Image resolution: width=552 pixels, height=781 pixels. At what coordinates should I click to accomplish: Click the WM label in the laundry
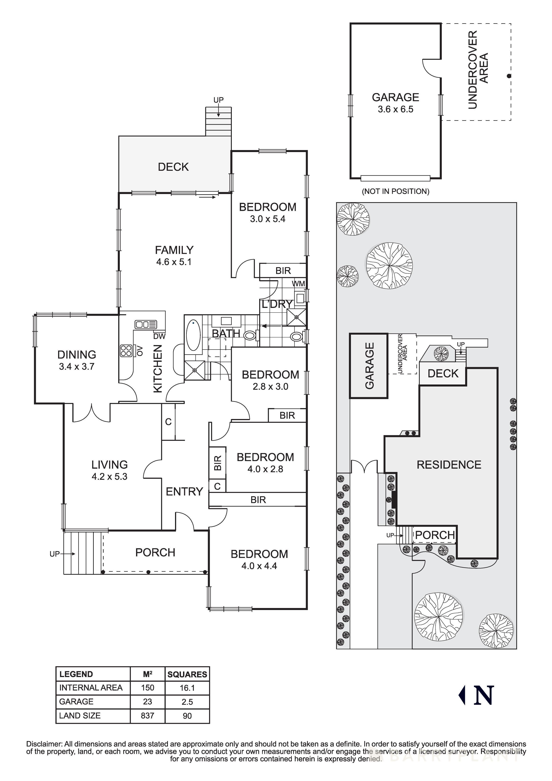tap(298, 283)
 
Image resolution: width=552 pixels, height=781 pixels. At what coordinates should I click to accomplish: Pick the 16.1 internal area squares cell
tap(187, 688)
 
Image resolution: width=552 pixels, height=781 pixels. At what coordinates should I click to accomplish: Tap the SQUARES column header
tap(187, 674)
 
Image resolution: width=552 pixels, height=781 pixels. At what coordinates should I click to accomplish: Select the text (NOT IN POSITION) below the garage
tap(395, 191)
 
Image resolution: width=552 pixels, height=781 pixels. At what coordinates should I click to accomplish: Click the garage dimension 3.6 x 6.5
tap(395, 110)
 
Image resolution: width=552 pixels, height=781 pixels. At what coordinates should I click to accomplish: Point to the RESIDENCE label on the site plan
tap(449, 465)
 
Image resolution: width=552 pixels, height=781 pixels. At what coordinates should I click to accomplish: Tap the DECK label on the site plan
tap(443, 374)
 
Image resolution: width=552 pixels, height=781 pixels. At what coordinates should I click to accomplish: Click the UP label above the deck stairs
tap(218, 100)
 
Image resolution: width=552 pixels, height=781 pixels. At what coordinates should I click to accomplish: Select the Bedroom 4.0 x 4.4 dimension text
tap(259, 566)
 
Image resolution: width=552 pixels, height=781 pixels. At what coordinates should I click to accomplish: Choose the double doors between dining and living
tap(92, 412)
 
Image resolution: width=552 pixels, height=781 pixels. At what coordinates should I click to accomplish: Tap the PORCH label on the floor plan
tap(155, 552)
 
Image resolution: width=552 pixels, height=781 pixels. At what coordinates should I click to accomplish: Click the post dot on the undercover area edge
tap(509, 76)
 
